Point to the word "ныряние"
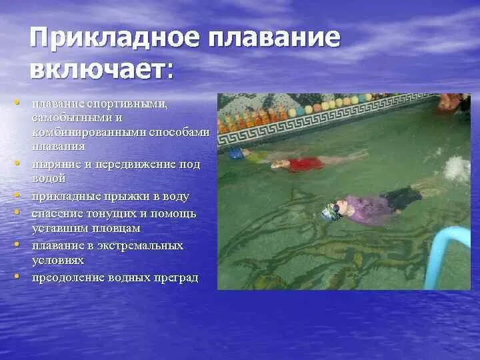[x=53, y=164]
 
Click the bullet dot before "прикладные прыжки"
[x=15, y=196]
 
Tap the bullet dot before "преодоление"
[x=15, y=276]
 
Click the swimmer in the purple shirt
[x=367, y=206]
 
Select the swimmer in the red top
[x=303, y=162]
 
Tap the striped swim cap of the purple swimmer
[x=329, y=212]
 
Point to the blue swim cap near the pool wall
[x=236, y=153]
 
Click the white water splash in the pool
[x=457, y=169]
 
